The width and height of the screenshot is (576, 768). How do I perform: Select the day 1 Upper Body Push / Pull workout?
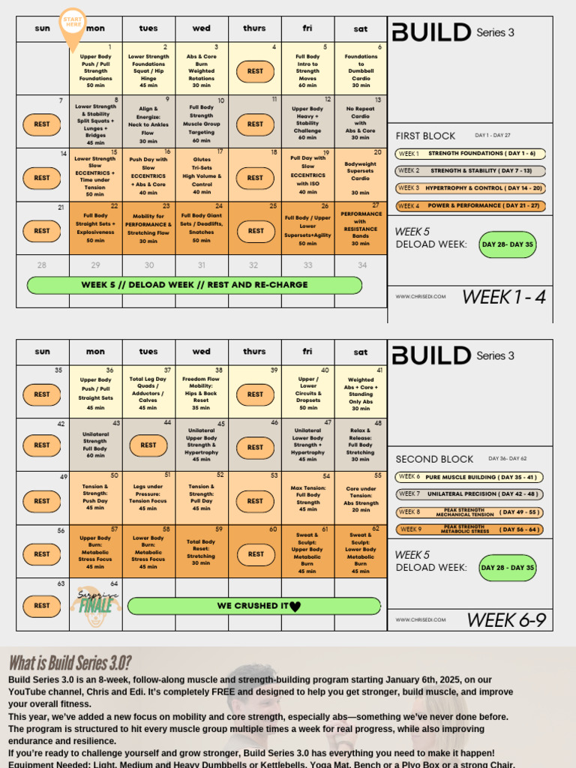[96, 71]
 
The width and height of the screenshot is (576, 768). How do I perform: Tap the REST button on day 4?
[255, 71]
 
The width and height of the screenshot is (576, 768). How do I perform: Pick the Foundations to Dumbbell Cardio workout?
[361, 71]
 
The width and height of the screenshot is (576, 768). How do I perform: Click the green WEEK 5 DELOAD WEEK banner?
[194, 285]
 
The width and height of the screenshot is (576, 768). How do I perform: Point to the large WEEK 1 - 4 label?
[503, 297]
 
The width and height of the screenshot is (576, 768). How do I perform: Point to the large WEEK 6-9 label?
[505, 620]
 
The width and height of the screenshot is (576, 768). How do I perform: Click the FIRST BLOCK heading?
[425, 136]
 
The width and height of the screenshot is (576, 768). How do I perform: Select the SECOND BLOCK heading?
[434, 459]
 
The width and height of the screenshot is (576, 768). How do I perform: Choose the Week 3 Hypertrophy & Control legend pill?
[470, 188]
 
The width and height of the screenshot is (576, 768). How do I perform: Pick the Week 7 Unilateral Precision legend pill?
[469, 494]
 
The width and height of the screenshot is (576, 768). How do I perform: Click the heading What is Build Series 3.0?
[70, 663]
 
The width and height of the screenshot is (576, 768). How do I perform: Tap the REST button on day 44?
[148, 445]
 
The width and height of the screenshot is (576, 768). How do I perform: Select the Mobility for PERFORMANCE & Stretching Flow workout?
[148, 228]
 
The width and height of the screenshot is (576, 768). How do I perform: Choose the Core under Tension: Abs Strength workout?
[361, 499]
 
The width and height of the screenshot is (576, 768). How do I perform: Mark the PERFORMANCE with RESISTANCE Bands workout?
[361, 228]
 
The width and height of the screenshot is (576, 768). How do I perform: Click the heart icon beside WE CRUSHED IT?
[295, 607]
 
